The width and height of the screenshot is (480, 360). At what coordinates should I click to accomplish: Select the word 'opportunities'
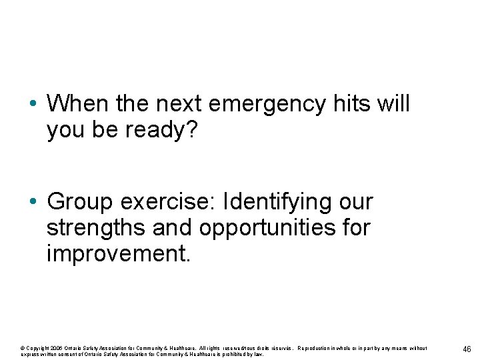click(275, 228)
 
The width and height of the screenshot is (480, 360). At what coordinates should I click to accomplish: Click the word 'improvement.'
click(119, 255)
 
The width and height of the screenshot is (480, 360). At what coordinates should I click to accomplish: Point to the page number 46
click(467, 349)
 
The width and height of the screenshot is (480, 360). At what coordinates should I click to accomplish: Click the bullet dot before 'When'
click(33, 105)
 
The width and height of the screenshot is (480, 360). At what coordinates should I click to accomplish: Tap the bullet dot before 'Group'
click(33, 202)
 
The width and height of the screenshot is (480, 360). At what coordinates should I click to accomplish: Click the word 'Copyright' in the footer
click(36, 347)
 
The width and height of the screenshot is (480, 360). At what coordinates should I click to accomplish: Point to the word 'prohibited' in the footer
click(233, 354)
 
